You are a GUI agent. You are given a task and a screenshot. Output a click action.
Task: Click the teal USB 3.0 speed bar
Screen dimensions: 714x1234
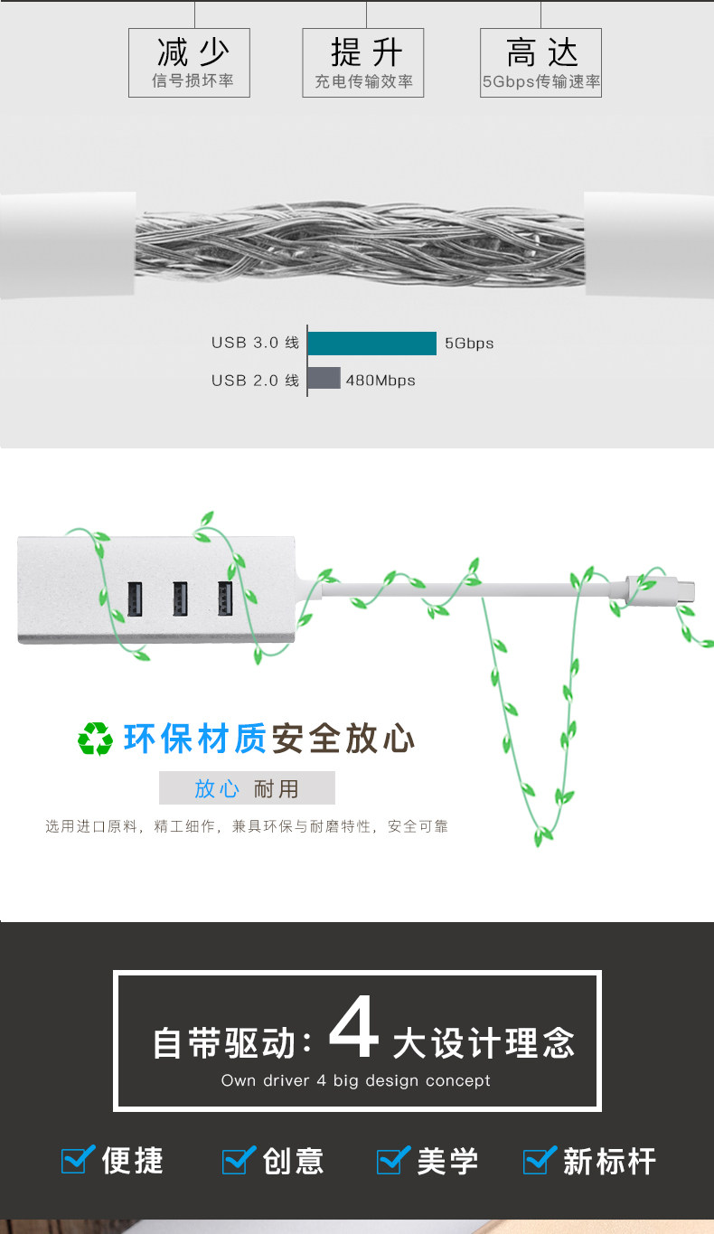371,344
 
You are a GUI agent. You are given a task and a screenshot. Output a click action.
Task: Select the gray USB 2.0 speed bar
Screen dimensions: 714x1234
324,378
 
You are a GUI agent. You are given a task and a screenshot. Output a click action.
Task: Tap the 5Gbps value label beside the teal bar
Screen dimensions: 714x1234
469,344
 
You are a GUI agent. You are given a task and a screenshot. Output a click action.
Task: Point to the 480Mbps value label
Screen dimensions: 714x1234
380,380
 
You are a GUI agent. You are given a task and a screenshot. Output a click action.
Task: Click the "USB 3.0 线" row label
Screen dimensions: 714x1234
255,343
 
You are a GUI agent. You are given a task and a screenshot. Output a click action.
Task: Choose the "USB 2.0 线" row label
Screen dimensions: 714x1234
255,380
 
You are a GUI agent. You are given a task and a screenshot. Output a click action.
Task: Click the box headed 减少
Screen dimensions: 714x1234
189,62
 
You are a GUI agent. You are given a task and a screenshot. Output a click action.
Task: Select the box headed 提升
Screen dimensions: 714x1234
363,62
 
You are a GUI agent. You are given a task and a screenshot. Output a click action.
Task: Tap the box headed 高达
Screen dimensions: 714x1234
540,62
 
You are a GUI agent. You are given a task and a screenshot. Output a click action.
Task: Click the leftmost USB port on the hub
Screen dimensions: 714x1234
135,598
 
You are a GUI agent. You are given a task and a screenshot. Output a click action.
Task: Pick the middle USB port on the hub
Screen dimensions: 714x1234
180,598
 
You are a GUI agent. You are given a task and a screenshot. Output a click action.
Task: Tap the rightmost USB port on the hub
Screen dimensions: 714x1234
225,598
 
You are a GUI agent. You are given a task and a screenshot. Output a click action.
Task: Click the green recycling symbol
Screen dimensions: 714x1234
95,739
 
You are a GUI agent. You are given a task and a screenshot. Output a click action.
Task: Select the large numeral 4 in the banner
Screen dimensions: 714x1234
353,1027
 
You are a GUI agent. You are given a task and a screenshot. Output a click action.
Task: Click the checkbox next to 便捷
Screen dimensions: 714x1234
77,1159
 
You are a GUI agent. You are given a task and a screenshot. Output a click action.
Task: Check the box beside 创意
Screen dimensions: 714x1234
238,1159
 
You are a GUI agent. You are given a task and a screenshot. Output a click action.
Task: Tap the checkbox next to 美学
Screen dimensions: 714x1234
393,1159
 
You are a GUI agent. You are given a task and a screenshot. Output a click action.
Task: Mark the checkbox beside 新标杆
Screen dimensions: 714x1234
540,1159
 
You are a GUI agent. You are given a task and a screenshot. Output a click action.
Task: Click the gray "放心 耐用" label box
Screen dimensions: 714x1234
247,787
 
